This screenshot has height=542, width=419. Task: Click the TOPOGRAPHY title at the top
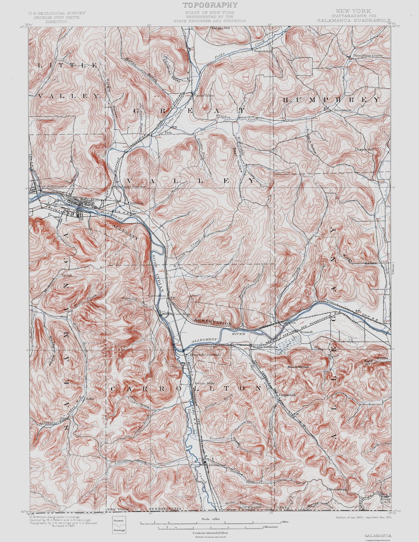pos(210,5)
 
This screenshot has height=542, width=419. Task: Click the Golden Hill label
pos(221,28)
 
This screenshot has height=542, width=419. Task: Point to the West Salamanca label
pos(49,187)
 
